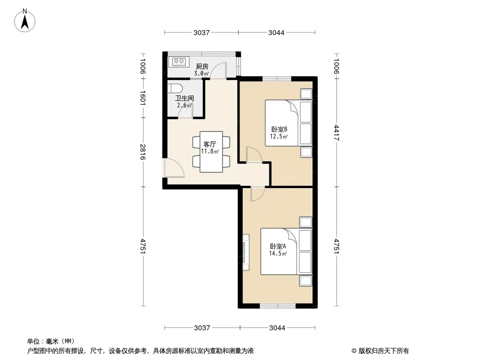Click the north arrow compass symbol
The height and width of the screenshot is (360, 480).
(x=25, y=21)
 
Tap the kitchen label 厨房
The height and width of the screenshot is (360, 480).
(x=202, y=66)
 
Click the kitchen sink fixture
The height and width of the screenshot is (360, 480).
(x=179, y=62)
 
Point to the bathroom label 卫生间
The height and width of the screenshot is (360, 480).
(x=185, y=99)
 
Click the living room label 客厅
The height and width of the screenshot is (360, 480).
(x=210, y=144)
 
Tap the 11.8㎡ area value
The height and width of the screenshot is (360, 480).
(x=210, y=151)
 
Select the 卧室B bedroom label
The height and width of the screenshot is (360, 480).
(x=279, y=130)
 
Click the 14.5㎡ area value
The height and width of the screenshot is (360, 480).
(x=278, y=253)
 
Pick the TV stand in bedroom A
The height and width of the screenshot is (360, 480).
(x=245, y=252)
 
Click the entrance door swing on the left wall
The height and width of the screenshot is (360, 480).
(x=173, y=168)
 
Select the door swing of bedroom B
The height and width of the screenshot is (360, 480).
(x=254, y=154)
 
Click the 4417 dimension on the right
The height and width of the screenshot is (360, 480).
(x=337, y=133)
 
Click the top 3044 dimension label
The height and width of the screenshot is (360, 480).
(x=276, y=33)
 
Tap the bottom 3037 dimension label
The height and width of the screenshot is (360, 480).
(x=202, y=328)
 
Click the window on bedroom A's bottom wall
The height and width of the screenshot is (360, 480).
(x=278, y=306)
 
